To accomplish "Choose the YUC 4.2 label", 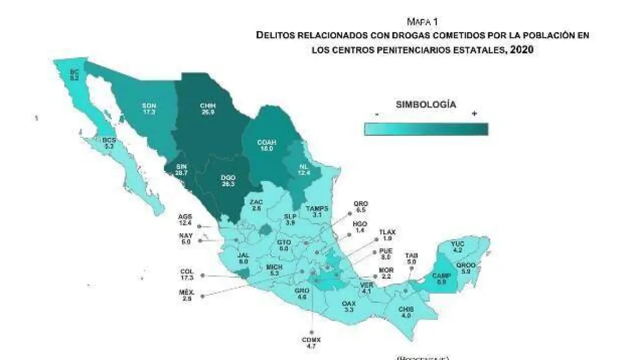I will (x=458, y=246).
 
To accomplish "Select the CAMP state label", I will (x=442, y=278).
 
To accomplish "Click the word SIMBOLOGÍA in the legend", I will (x=426, y=105).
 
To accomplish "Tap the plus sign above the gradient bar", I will (x=474, y=114).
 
